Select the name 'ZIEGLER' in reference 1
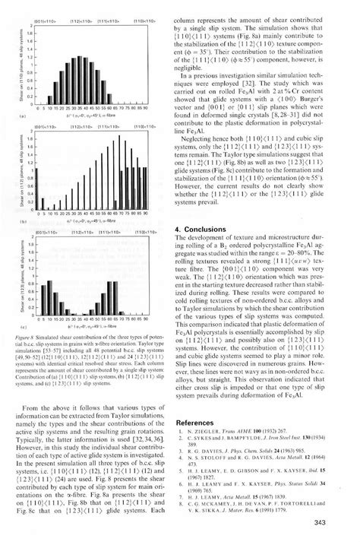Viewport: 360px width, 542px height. coord(213,432)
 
